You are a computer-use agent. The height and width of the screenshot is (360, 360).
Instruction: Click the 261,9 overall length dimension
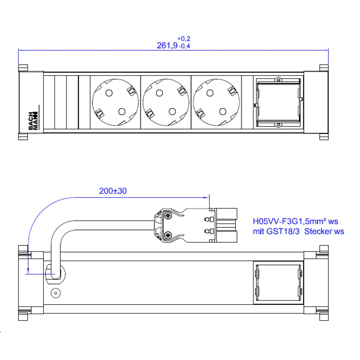click(x=167, y=46)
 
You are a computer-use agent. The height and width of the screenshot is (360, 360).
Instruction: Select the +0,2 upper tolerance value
click(x=184, y=39)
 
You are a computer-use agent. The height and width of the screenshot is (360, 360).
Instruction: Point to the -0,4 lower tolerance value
click(x=184, y=46)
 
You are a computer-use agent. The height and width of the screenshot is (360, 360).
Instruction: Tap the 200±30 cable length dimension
click(x=113, y=191)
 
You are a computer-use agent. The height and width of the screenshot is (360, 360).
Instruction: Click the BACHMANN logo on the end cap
click(x=33, y=121)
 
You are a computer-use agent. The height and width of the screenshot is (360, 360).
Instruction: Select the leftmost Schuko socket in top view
click(x=115, y=102)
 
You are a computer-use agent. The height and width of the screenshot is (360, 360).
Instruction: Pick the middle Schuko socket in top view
click(x=166, y=102)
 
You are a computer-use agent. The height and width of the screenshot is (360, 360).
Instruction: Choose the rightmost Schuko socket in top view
click(x=216, y=102)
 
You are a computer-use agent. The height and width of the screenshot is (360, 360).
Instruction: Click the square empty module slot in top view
click(x=278, y=102)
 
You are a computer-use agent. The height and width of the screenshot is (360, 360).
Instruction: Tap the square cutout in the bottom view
click(x=278, y=282)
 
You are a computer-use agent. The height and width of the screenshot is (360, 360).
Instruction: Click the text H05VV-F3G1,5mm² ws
click(x=295, y=221)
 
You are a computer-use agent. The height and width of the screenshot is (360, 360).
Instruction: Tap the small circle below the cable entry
click(x=55, y=293)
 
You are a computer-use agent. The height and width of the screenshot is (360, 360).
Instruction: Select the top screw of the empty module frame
click(x=278, y=80)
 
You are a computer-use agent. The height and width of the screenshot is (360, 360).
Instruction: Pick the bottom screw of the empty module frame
click(x=278, y=124)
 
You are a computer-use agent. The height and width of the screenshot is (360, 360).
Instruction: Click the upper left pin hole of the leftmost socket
click(x=109, y=93)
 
